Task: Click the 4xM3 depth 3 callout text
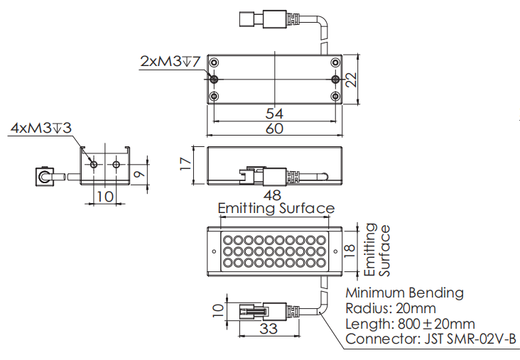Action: click(x=40, y=128)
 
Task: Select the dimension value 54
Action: click(x=273, y=114)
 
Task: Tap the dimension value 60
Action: click(x=273, y=129)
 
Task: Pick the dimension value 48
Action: click(x=272, y=195)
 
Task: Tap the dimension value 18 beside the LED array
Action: click(x=349, y=249)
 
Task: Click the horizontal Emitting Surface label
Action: click(x=276, y=209)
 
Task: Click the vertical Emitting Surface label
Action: click(x=377, y=250)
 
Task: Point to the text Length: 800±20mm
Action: click(x=409, y=324)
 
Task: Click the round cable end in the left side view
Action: click(x=43, y=176)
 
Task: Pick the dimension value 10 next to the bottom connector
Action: click(x=217, y=310)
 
